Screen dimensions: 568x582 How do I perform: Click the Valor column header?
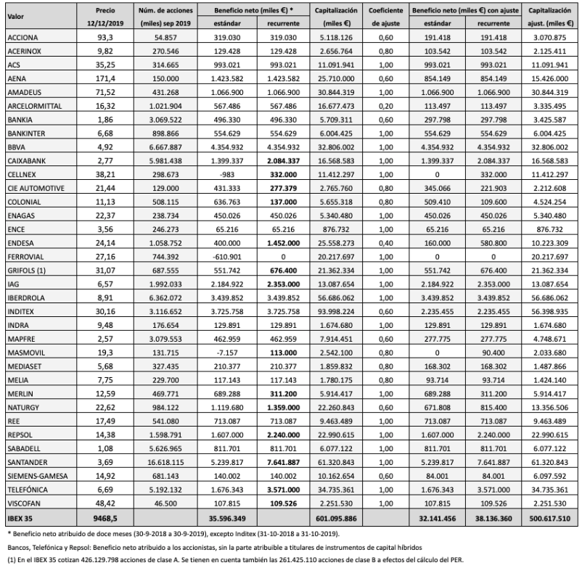click(16, 12)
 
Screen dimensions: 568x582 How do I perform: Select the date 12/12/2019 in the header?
click(105, 24)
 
